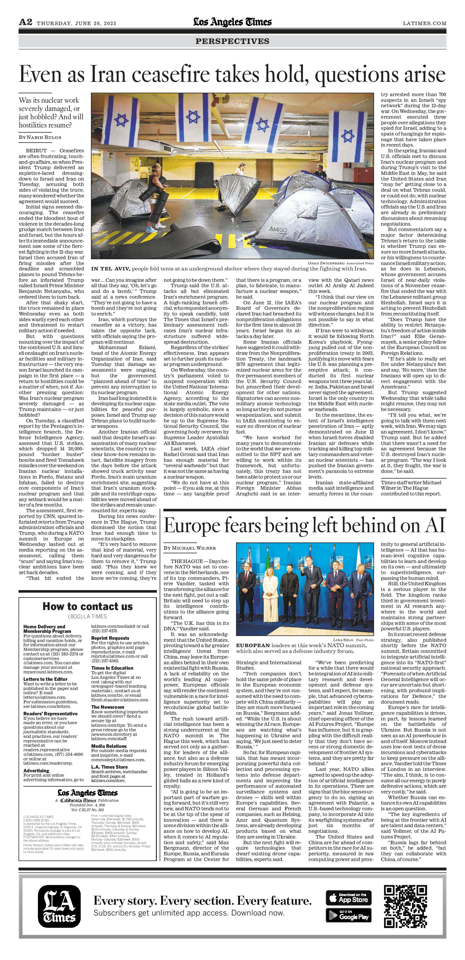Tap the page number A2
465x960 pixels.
pos(25,23)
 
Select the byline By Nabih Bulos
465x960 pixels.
pos(40,137)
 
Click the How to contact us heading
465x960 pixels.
pos(88,606)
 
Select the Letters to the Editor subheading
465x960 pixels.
pos(45,679)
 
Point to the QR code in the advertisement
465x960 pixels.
pos(405,906)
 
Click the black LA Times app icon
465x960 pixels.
pos(59,906)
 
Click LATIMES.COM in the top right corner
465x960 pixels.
pos(425,23)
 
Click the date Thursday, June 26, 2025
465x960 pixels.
pos(76,23)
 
